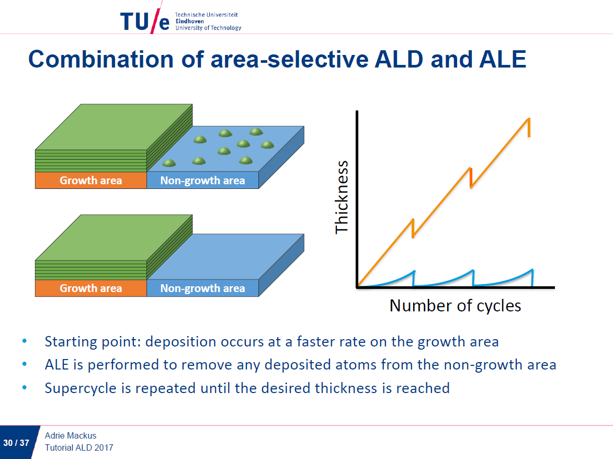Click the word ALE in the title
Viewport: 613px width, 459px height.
pyautogui.click(x=502, y=59)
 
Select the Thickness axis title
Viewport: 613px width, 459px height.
pyautogui.click(x=342, y=197)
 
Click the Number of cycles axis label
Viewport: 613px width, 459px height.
pyautogui.click(x=455, y=305)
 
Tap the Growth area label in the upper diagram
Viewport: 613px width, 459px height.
pyautogui.click(x=90, y=181)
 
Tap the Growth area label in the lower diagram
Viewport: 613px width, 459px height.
pyautogui.click(x=90, y=288)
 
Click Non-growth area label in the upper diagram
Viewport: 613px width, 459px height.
pyautogui.click(x=202, y=181)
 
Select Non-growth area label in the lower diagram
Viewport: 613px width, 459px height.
pyautogui.click(x=202, y=288)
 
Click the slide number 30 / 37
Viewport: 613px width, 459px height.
pyautogui.click(x=16, y=443)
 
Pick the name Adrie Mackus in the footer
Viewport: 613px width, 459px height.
pyautogui.click(x=71, y=435)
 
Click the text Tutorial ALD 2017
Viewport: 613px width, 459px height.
pyautogui.click(x=79, y=447)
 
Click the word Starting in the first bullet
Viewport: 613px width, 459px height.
pyautogui.click(x=67, y=342)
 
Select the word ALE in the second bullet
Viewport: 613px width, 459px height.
pyautogui.click(x=56, y=365)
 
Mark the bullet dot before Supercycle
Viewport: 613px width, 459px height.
pyautogui.click(x=24, y=388)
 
